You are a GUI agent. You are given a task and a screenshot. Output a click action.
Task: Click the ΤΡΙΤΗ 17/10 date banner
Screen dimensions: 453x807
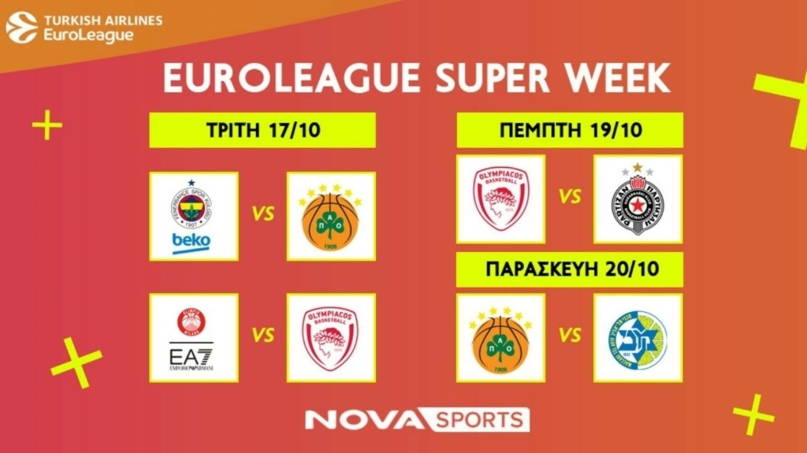(x=262, y=130)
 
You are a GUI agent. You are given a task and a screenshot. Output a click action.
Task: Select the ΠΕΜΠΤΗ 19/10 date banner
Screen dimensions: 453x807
(x=569, y=130)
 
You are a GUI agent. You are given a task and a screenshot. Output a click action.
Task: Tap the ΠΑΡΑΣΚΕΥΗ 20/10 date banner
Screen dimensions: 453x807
(x=569, y=270)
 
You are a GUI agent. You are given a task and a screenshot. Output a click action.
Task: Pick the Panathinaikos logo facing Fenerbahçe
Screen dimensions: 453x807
(x=331, y=216)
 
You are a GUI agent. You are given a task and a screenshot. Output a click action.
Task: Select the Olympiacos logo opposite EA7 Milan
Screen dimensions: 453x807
(x=331, y=337)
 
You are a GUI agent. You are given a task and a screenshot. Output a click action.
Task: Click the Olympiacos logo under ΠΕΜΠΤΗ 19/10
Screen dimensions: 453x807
(x=500, y=199)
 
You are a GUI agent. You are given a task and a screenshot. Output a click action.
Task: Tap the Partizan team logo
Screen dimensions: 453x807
(x=638, y=199)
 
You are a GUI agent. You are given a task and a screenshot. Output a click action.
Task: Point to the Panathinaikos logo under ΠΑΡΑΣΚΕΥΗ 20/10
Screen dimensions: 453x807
(x=500, y=337)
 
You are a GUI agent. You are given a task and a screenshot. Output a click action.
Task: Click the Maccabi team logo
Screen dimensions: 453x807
(x=638, y=337)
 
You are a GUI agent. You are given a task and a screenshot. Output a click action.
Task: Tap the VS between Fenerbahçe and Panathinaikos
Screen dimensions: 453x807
(x=263, y=214)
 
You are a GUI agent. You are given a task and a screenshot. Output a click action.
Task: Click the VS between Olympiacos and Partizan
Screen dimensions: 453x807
(x=569, y=197)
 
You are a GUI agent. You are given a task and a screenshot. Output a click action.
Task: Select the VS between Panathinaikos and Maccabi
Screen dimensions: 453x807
(x=569, y=336)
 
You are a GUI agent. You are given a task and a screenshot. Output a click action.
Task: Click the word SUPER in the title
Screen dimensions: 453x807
(x=470, y=79)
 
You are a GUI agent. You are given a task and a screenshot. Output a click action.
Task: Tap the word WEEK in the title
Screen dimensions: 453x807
(x=615, y=79)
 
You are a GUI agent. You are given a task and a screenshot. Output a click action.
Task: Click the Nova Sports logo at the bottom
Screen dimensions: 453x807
(x=417, y=419)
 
